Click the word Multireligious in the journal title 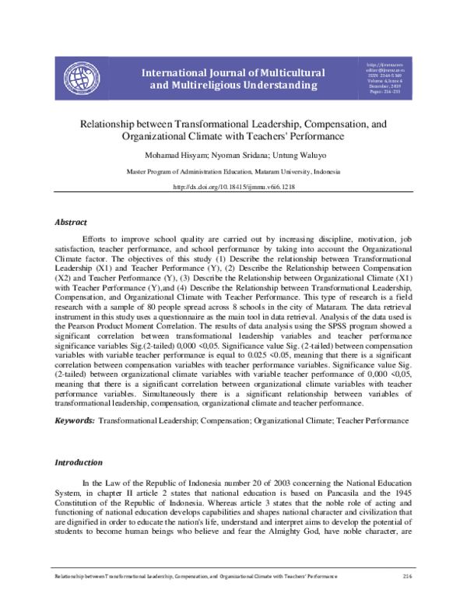199,85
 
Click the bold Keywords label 74,420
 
